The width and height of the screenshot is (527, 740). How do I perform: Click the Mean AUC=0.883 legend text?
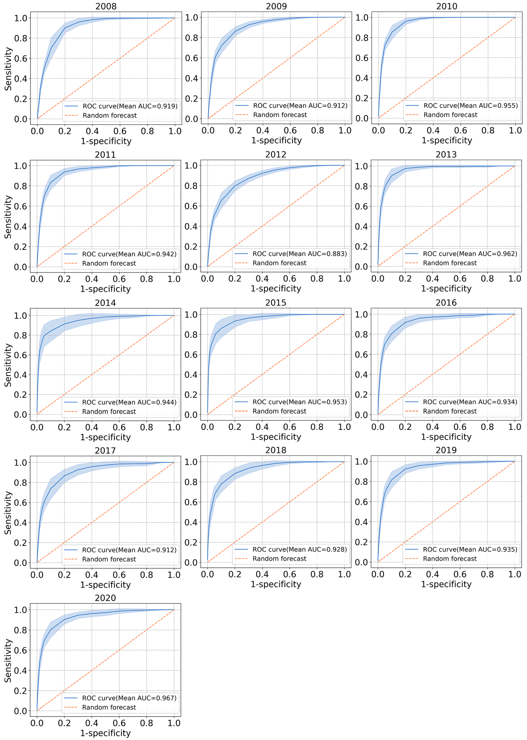(x=300, y=254)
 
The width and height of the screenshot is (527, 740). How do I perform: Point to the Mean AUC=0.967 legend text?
(x=129, y=698)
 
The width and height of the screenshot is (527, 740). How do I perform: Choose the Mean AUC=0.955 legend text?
(x=470, y=106)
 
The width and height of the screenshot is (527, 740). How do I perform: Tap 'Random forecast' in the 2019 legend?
(x=450, y=559)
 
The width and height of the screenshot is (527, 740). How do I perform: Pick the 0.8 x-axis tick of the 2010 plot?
(x=488, y=131)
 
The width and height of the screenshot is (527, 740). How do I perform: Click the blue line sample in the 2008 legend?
(x=71, y=106)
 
